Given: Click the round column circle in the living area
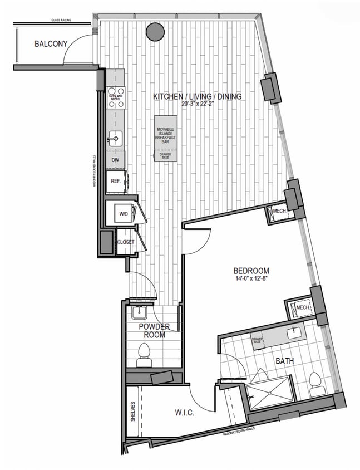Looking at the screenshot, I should click(155, 33).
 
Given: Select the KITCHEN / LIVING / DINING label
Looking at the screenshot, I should click(198, 96).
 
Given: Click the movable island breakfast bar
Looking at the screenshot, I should click(166, 139).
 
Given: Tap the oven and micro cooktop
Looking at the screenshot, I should click(116, 96).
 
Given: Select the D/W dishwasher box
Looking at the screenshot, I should click(116, 161).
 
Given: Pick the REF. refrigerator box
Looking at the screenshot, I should click(116, 181).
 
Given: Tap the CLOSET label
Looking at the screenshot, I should click(126, 242).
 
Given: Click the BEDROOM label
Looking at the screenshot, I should click(251, 271).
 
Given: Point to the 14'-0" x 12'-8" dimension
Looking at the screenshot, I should click(251, 278).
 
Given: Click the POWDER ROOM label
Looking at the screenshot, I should click(154, 331).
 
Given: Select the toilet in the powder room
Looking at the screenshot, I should click(145, 354).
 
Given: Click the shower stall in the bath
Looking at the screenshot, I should click(270, 393).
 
